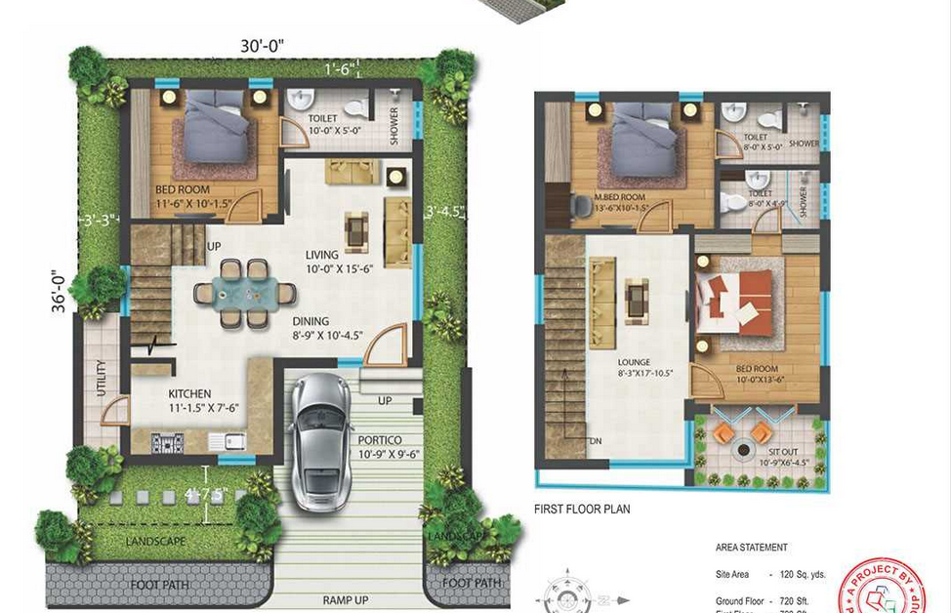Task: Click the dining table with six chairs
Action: pos(244,292)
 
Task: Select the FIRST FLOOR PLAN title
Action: pos(582,510)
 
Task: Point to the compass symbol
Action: pos(563,596)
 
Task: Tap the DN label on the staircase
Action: pos(596,441)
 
